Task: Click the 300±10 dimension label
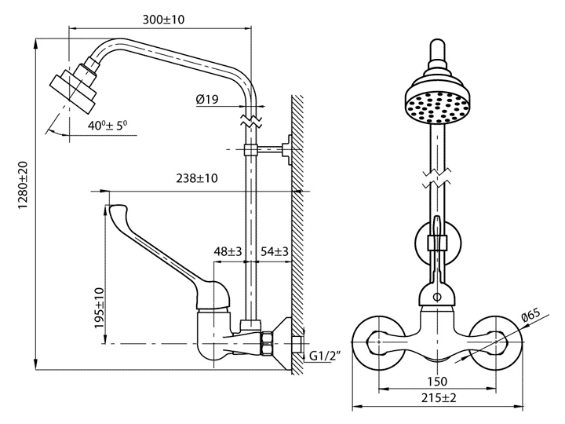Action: [163, 19]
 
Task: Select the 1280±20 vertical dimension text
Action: [23, 185]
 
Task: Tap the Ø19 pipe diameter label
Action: [207, 99]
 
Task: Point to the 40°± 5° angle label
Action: [108, 126]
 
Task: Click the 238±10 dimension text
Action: [197, 178]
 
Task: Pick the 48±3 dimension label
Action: [228, 251]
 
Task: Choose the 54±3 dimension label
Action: [275, 251]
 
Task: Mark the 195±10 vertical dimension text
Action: [99, 308]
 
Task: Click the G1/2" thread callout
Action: [326, 356]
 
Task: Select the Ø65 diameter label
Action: [531, 316]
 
